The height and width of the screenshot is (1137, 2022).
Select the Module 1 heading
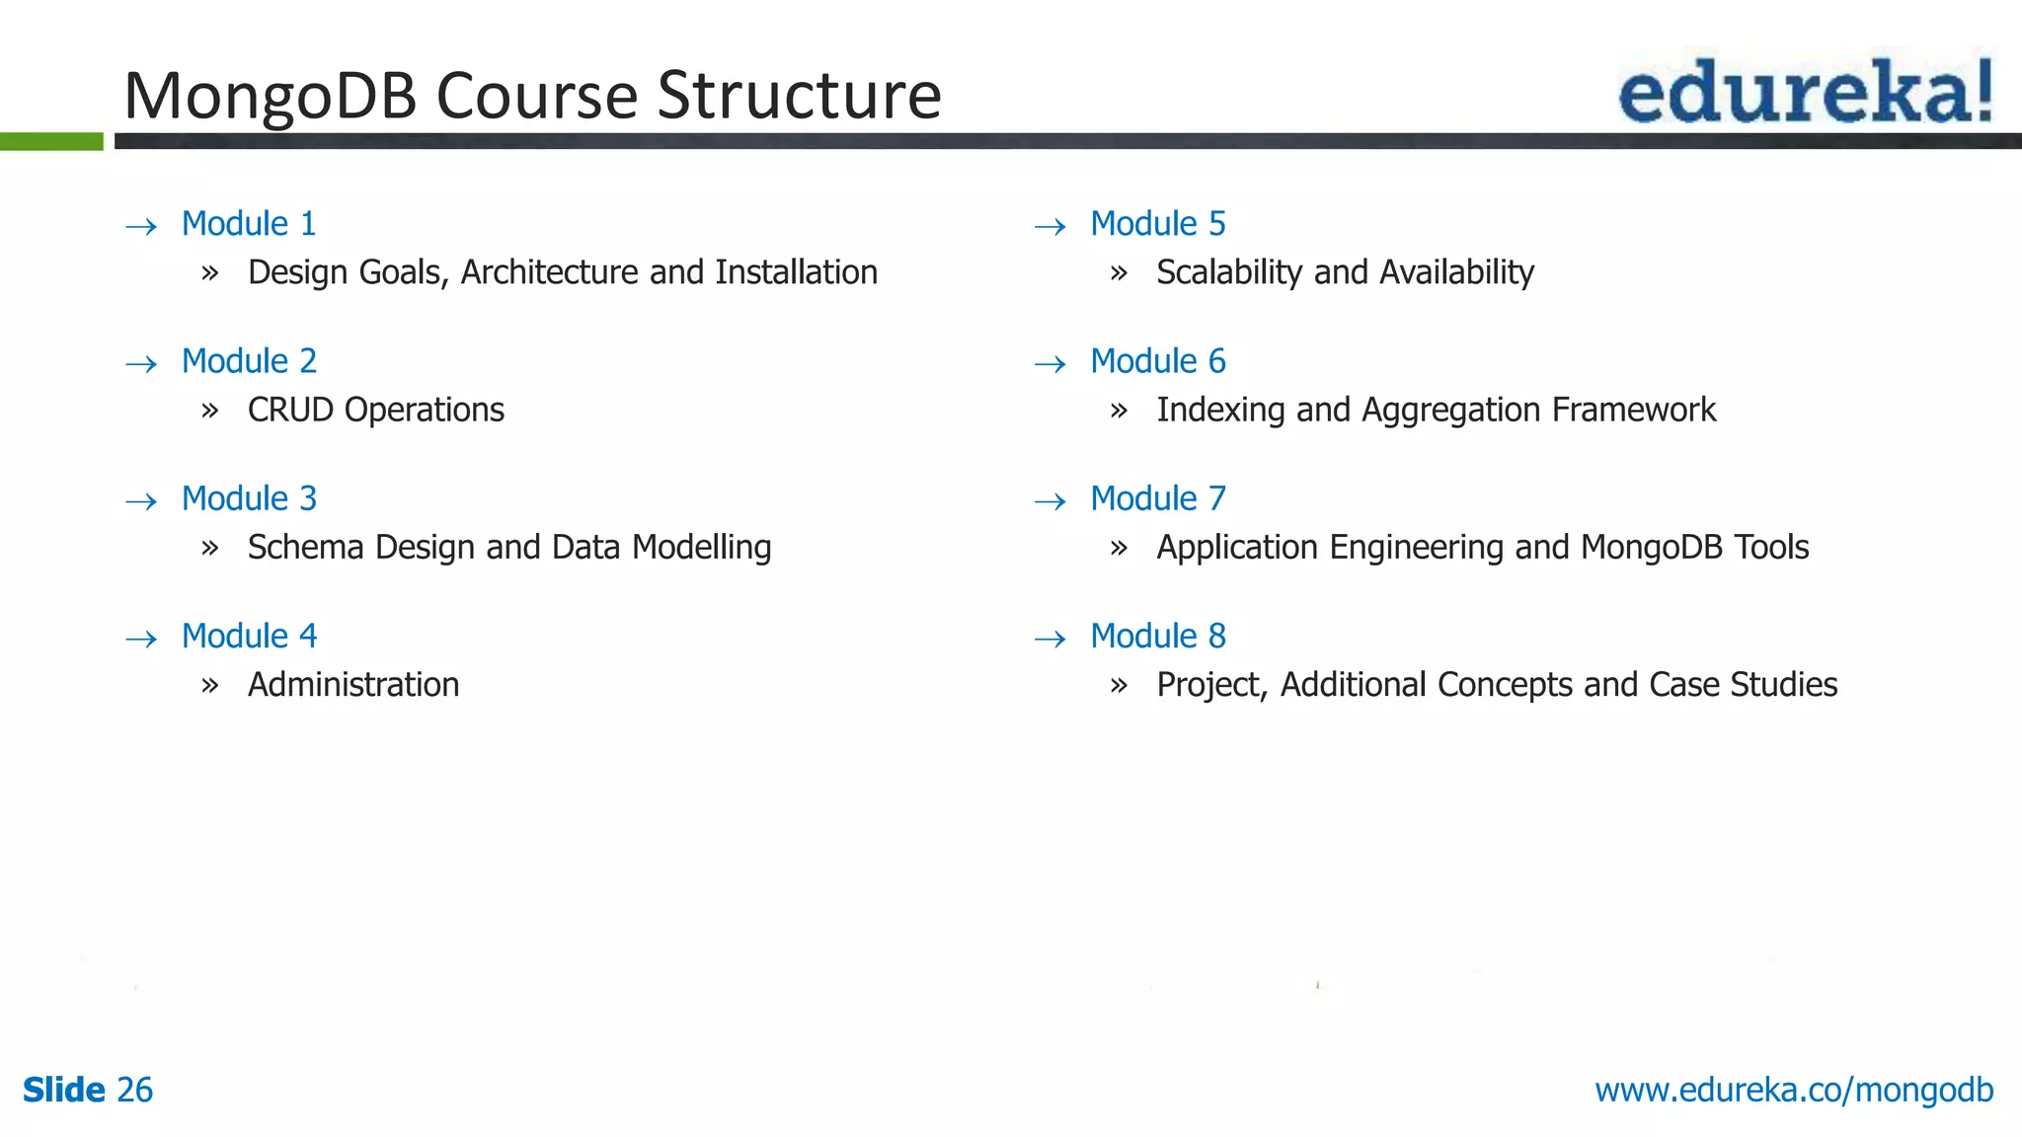249,224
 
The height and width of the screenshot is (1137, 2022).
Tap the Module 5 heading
1157,224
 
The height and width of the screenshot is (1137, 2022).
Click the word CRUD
290,410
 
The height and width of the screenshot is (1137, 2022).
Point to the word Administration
353,685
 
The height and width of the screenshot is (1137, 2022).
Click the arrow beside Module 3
142,501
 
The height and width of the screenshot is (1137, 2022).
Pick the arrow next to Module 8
1050,640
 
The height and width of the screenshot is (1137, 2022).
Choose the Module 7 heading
1157,499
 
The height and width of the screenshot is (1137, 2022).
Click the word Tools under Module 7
1772,548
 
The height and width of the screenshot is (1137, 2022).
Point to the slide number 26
135,1091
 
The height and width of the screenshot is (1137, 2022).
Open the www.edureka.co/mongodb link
1794,1091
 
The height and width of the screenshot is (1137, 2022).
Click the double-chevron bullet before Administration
209,685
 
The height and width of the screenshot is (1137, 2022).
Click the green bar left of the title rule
51,142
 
